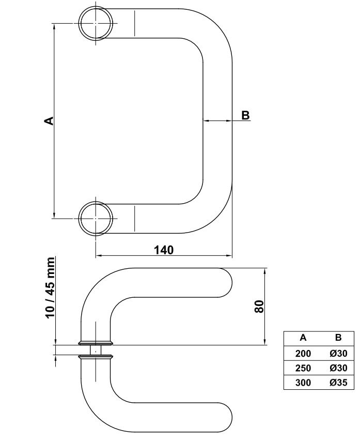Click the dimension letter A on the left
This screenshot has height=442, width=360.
pos(49,120)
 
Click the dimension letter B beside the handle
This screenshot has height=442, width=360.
pos(245,115)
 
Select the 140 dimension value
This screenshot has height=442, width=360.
pos(164,250)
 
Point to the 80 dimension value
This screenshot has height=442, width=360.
pos(259,306)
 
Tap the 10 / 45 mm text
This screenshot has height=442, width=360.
pos(50,288)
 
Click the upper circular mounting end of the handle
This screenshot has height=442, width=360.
pos(96,23)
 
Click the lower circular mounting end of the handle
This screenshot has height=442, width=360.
pos(96,218)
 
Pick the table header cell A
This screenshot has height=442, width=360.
pos(303,338)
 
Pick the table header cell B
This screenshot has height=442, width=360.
pos(338,338)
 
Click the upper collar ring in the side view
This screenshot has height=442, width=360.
pos(95,342)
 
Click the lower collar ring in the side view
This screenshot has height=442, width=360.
pos(95,357)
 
